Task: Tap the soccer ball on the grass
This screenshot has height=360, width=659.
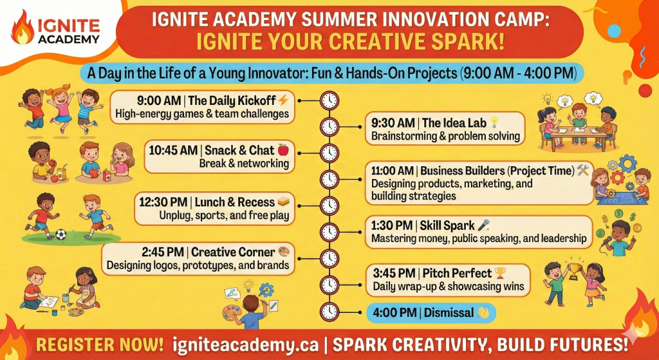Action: click(61, 234)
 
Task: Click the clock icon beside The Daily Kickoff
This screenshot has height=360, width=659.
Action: click(329, 101)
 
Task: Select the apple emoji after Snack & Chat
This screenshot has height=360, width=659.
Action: click(283, 149)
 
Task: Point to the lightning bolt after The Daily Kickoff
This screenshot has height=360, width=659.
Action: click(283, 100)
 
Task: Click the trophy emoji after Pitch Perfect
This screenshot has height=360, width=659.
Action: click(500, 273)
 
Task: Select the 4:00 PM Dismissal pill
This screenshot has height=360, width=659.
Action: click(431, 313)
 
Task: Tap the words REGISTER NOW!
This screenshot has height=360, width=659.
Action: click(100, 345)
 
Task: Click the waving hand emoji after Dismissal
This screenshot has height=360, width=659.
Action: click(483, 313)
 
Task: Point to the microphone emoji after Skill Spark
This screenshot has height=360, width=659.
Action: click(484, 225)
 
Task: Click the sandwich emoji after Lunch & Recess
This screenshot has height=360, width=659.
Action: click(284, 202)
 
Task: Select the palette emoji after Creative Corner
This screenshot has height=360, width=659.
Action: click(284, 252)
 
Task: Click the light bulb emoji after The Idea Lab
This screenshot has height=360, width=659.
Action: click(494, 122)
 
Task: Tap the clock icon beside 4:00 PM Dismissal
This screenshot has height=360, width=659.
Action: click(329, 312)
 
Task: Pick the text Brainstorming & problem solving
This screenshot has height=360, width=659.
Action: click(445, 137)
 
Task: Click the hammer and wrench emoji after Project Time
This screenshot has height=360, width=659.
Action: click(583, 170)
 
